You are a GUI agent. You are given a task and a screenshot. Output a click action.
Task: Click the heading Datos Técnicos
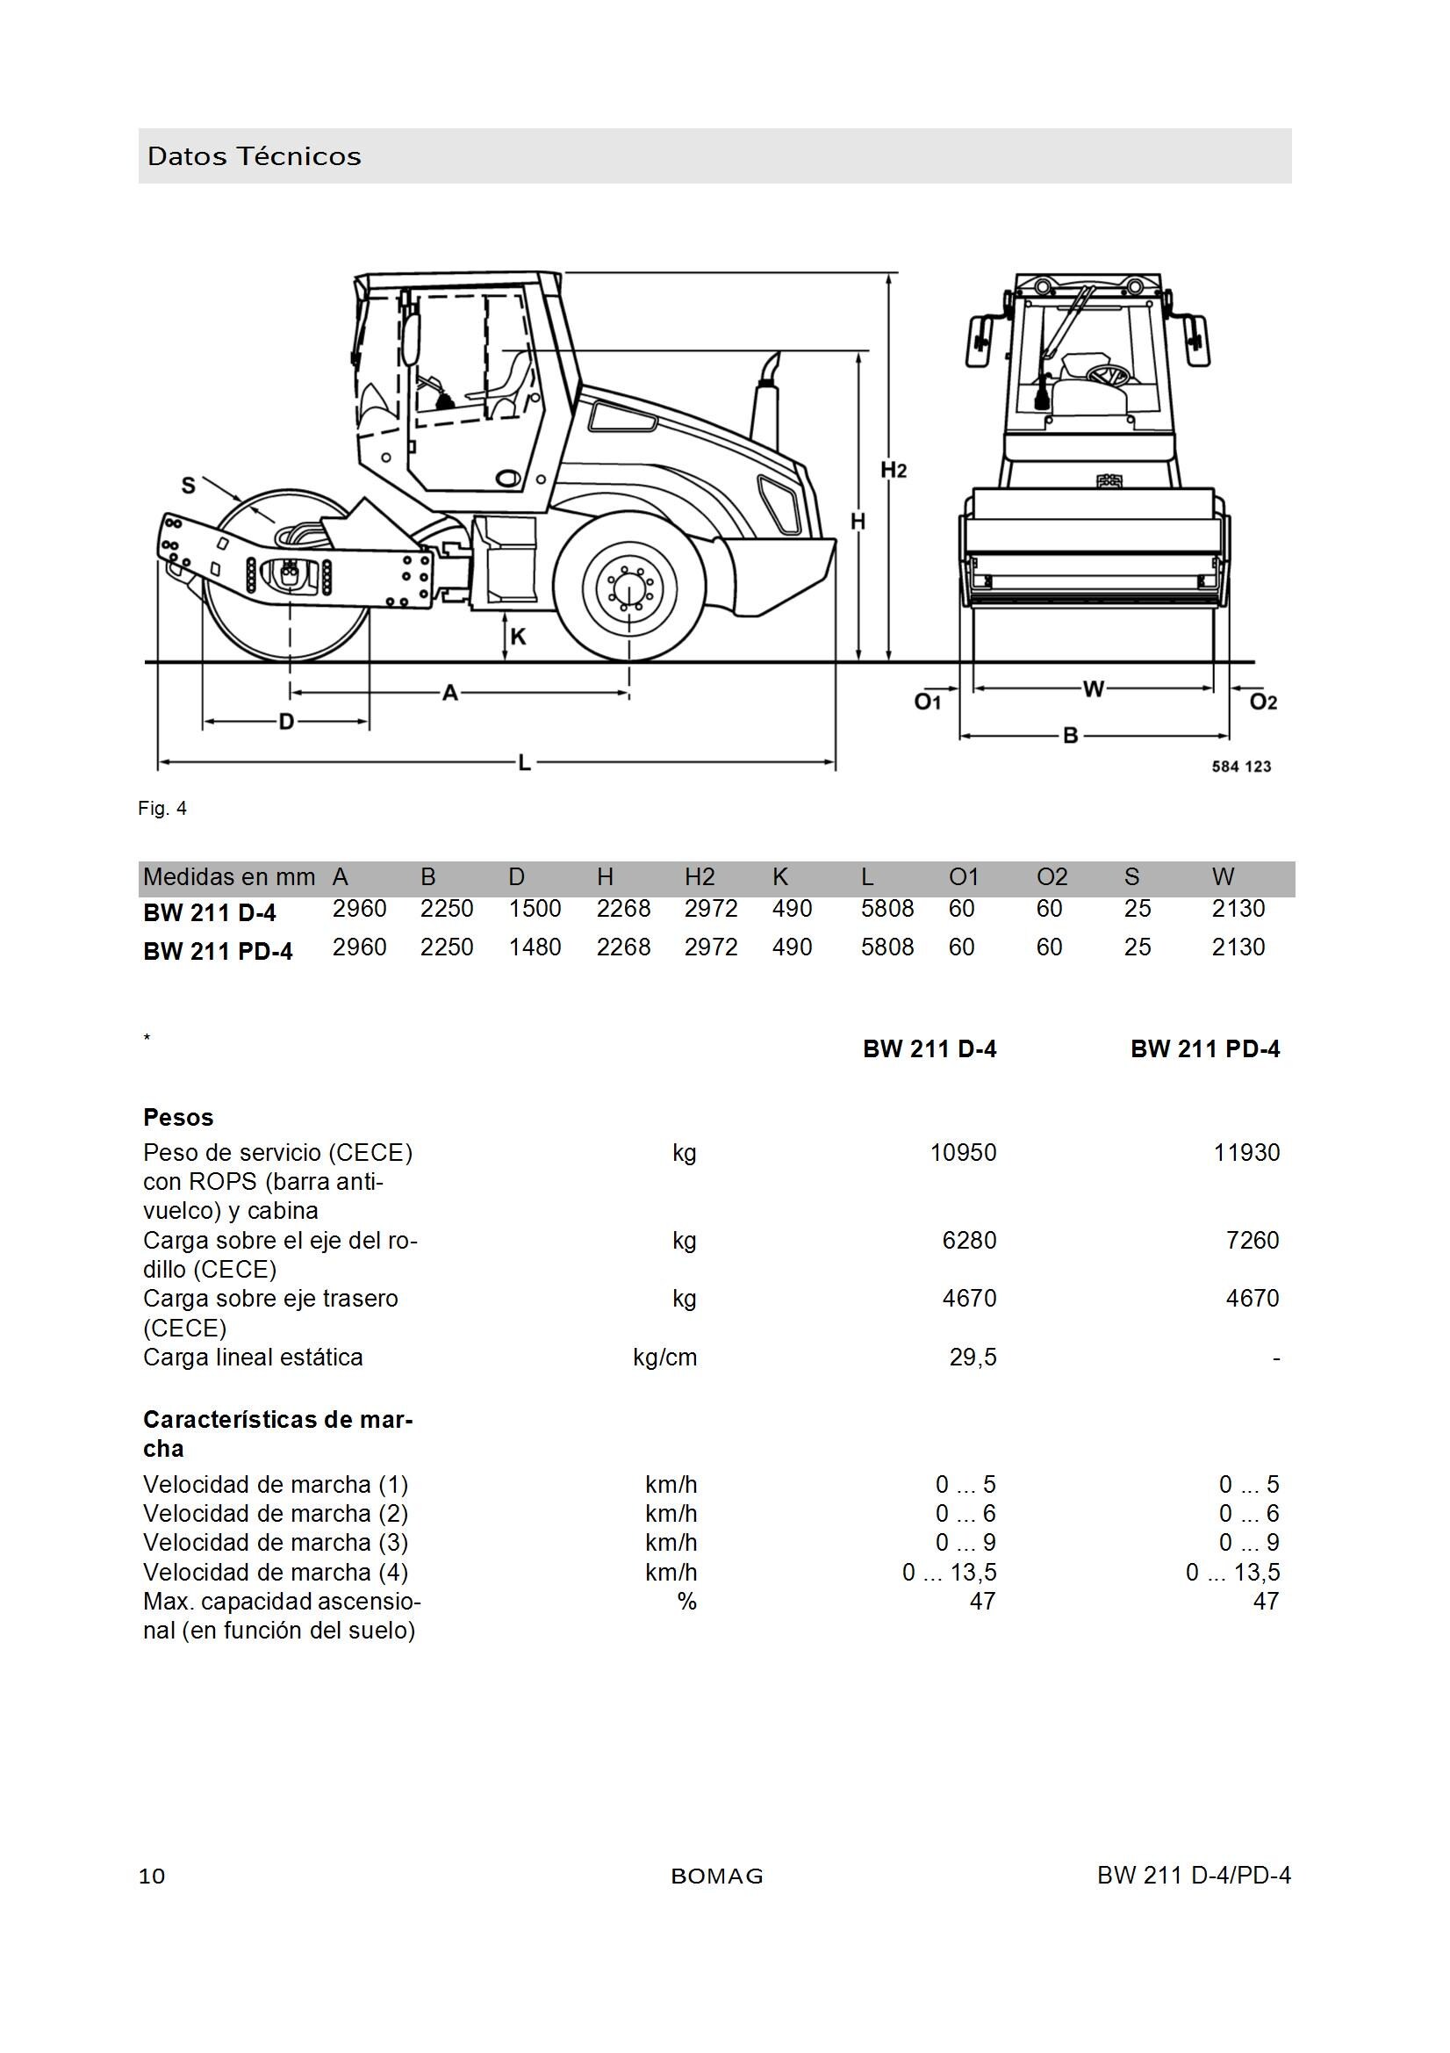[255, 156]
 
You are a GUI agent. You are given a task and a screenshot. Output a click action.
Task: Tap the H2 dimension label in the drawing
[893, 470]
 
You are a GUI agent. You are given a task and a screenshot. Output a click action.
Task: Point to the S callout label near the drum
[188, 486]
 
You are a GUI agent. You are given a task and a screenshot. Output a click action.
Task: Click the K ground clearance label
[518, 637]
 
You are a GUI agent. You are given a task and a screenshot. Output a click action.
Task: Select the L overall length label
[525, 763]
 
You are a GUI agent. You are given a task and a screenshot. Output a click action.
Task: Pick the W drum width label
[1094, 688]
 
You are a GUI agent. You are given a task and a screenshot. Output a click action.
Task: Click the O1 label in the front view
[928, 702]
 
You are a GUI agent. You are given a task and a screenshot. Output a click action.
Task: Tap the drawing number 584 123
[1242, 767]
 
